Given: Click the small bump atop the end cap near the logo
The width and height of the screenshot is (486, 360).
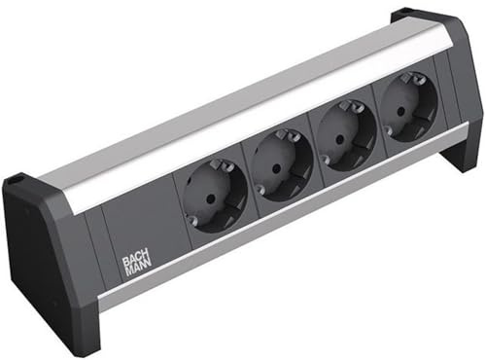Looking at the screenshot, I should click(x=14, y=179).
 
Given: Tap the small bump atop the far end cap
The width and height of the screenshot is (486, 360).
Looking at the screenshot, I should click(x=400, y=17).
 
